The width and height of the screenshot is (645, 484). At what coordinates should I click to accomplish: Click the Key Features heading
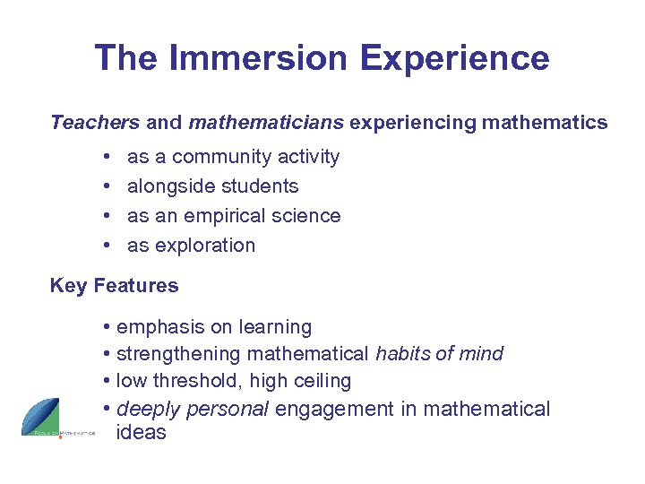[x=114, y=286]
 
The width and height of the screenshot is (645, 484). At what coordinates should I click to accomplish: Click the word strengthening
[x=178, y=354]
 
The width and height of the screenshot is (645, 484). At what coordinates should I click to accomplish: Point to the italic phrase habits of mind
[x=439, y=354]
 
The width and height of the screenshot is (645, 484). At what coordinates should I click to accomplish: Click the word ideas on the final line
[x=142, y=432]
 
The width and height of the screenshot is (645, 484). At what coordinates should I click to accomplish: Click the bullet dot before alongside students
[x=107, y=186]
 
